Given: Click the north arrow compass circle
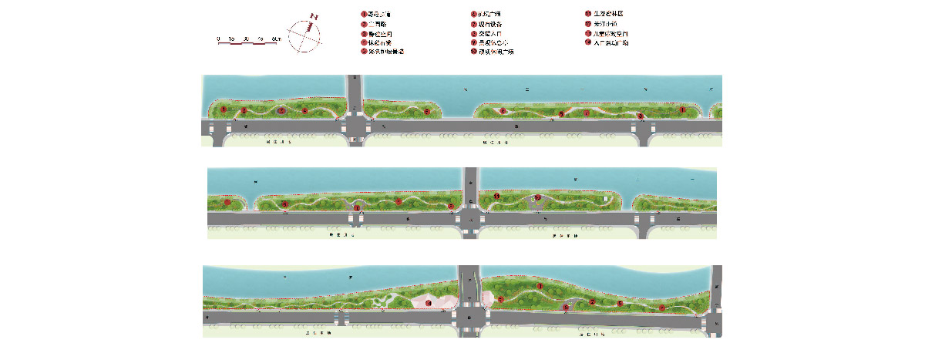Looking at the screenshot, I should [x=304, y=35].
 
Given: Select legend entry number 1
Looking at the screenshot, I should [x=362, y=15].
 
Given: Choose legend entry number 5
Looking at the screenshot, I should [x=362, y=52].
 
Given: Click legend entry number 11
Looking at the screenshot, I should [x=587, y=15].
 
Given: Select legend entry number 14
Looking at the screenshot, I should [x=587, y=42].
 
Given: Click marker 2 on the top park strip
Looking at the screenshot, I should [x=244, y=111].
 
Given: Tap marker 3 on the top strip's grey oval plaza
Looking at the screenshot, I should [x=281, y=110].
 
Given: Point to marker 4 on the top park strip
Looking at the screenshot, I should [x=306, y=112].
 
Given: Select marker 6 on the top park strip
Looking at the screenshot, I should [x=503, y=112].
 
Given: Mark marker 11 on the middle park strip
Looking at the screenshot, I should [x=497, y=197].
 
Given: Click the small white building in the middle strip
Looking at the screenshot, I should [x=607, y=200].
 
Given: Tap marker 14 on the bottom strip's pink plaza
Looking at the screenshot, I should [x=429, y=303].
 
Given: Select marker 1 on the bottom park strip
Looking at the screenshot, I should [x=540, y=286].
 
